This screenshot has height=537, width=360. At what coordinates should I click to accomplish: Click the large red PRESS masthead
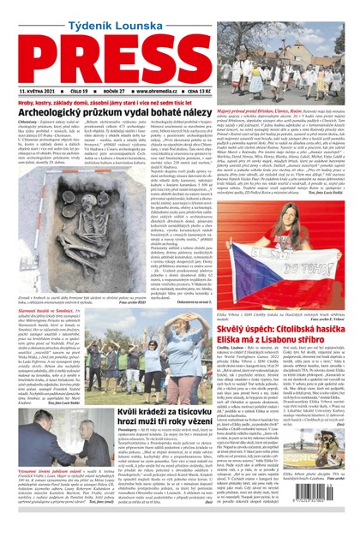point(179,54)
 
